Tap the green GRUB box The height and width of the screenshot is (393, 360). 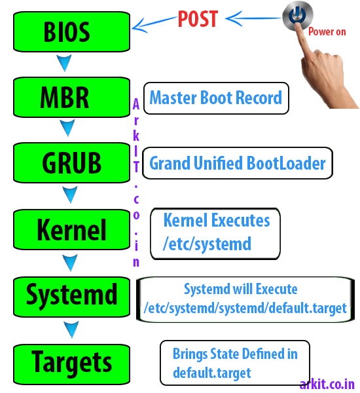pyautogui.click(x=66, y=162)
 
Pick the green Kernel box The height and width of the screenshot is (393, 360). pyautogui.click(x=66, y=230)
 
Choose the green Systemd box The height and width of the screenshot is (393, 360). pyautogui.click(x=66, y=295)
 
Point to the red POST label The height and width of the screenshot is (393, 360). pyautogui.click(x=198, y=19)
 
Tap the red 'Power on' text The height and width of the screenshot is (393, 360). pyautogui.click(x=327, y=30)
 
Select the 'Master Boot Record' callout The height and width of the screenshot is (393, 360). pyautogui.click(x=215, y=98)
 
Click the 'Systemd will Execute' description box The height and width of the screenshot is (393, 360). pyautogui.click(x=245, y=299)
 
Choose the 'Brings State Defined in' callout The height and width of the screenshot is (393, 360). pyautogui.click(x=234, y=363)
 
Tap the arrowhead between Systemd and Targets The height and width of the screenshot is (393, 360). pyautogui.click(x=69, y=328)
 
